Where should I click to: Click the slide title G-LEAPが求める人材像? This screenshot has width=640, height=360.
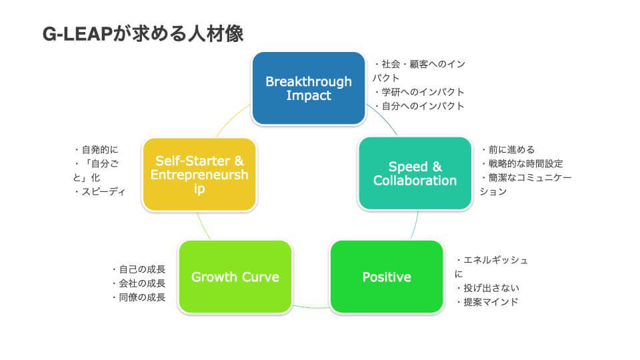point(143,33)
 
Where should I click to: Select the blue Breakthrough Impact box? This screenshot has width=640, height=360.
point(309,88)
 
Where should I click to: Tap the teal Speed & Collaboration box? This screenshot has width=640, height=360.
point(415,173)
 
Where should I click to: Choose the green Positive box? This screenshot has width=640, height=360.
point(387,277)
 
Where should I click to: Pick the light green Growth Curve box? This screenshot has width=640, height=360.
point(235,277)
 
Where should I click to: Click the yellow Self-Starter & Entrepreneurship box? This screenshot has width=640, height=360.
point(199,174)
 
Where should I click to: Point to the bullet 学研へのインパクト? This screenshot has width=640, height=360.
point(419,92)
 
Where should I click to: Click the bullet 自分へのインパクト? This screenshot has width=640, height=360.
point(419,106)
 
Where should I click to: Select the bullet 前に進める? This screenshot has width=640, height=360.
point(508,149)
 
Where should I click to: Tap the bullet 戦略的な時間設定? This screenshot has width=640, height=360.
point(522,164)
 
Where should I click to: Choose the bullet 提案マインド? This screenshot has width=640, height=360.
point(487,302)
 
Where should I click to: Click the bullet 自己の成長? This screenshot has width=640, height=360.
point(139,269)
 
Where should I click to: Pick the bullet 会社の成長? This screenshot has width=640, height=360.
point(139,283)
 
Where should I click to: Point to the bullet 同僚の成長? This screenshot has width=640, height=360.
point(139,297)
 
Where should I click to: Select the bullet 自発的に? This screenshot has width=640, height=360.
point(96,149)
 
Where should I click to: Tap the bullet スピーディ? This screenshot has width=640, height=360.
point(100,191)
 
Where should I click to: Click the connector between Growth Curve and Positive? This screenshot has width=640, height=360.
point(311,307)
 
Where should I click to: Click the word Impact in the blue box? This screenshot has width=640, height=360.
point(309,95)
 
